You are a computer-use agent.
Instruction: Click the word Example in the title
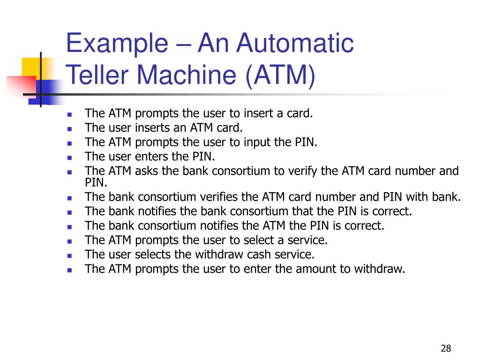118,44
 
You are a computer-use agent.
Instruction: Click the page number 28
446,348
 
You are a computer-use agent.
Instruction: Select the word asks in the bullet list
147,171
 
